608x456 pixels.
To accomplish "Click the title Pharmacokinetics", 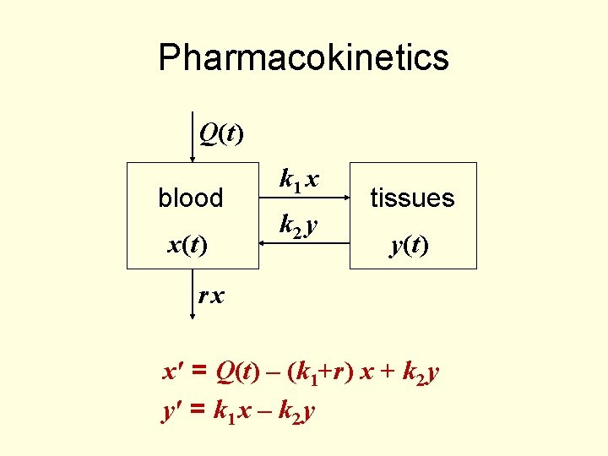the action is (303, 57).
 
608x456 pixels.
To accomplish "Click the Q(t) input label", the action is (220, 133).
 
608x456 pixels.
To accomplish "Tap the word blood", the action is (191, 198).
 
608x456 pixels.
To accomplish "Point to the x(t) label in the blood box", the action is (188, 245).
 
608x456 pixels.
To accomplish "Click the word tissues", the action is (413, 198).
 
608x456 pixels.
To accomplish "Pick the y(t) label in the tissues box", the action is (409, 245).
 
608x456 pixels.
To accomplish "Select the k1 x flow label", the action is (299, 180).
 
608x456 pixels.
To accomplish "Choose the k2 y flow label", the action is (299, 225).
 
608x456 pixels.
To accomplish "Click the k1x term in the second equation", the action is (231, 411).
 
